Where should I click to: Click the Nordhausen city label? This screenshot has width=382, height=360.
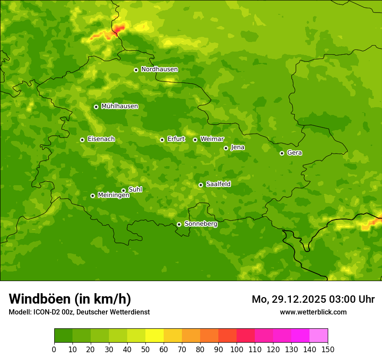pyautogui.click(x=159, y=69)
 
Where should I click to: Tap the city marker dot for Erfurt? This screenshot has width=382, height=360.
pyautogui.click(x=162, y=140)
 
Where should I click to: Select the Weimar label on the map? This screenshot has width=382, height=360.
pyautogui.click(x=212, y=139)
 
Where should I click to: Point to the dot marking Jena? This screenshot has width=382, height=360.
pyautogui.click(x=226, y=148)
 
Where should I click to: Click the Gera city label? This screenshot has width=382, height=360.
pyautogui.click(x=294, y=153)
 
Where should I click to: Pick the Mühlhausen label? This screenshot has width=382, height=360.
pyautogui.click(x=119, y=106)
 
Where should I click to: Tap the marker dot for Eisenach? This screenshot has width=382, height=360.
pyautogui.click(x=82, y=140)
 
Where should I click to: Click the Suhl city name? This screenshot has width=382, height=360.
pyautogui.click(x=135, y=190)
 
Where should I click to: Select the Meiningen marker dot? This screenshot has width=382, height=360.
pyautogui.click(x=92, y=196)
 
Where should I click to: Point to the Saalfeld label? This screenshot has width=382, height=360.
pyautogui.click(x=218, y=184)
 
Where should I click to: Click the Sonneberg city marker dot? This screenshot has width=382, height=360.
pyautogui.click(x=179, y=224)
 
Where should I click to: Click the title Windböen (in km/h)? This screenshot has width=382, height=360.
pyautogui.click(x=70, y=299)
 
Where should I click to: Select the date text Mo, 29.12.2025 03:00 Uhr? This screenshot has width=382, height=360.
pyautogui.click(x=313, y=299)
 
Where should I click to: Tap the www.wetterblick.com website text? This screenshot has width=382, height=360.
pyautogui.click(x=313, y=312)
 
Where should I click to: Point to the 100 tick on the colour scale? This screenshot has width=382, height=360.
pyautogui.click(x=237, y=349)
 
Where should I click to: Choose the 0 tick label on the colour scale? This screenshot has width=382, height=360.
pyautogui.click(x=54, y=349)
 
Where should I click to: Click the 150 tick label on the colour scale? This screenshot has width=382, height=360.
pyautogui.click(x=328, y=349)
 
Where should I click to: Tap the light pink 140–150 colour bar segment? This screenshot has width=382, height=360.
pyautogui.click(x=319, y=336)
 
